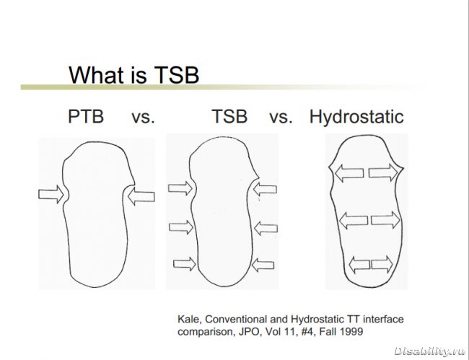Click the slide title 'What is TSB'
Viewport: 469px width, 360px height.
point(133,75)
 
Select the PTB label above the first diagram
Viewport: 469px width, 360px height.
point(86,116)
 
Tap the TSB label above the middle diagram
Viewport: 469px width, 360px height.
point(229,116)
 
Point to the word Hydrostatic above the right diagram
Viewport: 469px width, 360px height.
point(356,117)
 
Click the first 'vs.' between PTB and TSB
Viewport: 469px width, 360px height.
point(144,118)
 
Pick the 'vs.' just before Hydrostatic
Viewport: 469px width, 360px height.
point(281,118)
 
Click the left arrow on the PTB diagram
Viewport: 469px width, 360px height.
point(51,194)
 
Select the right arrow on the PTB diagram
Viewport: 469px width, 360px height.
point(141,196)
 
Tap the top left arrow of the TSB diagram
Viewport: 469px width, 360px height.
point(180,188)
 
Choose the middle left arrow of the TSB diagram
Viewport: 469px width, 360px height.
point(181,227)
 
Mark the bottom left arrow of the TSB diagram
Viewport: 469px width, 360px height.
point(185,264)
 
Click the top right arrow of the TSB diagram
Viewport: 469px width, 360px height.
point(265,189)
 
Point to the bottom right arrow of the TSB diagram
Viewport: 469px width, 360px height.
point(263,265)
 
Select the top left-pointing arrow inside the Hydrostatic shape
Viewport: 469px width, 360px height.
point(349,173)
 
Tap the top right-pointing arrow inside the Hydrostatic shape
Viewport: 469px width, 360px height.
point(383,172)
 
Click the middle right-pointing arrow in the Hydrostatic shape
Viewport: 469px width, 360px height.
point(385,220)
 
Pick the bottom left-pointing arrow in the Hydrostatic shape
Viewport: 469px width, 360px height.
point(359,265)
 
